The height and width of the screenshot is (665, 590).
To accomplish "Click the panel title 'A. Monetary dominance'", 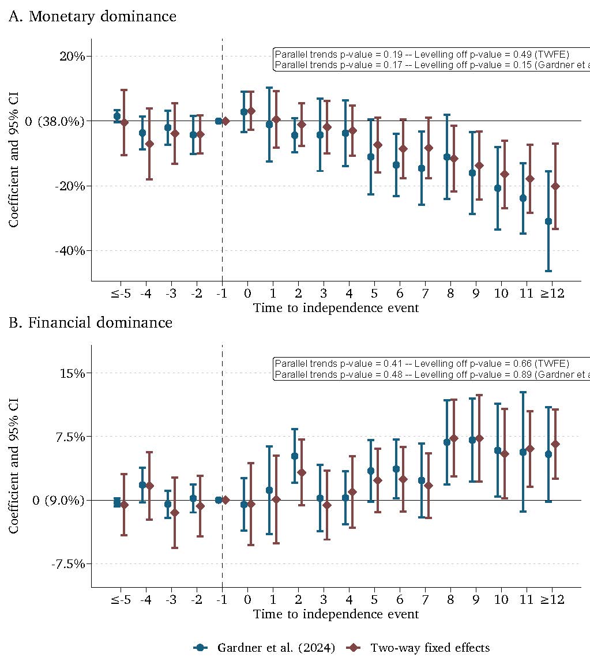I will click(92, 17).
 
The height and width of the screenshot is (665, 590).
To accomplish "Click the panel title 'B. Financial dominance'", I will click(91, 322).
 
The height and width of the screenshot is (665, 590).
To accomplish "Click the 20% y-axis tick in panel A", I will click(72, 57).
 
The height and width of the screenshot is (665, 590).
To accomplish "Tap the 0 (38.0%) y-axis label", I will click(55, 121).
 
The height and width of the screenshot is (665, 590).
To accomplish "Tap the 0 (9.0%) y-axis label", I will click(58, 500).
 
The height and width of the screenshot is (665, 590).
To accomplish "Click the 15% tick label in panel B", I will click(72, 373).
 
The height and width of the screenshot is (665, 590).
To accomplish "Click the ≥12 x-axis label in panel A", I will click(552, 294).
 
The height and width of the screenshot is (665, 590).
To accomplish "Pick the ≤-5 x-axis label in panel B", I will click(121, 599).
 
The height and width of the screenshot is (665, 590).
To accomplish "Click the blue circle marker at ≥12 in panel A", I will click(548, 221).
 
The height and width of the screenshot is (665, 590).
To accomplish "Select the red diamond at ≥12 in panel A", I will click(555, 186).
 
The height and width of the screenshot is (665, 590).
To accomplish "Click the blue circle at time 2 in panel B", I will click(295, 456).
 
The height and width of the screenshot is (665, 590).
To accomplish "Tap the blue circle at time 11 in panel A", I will click(523, 198).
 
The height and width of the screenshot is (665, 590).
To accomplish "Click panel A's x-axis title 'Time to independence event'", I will click(336, 308).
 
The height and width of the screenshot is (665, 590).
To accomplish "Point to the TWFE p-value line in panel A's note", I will click(422, 54).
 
